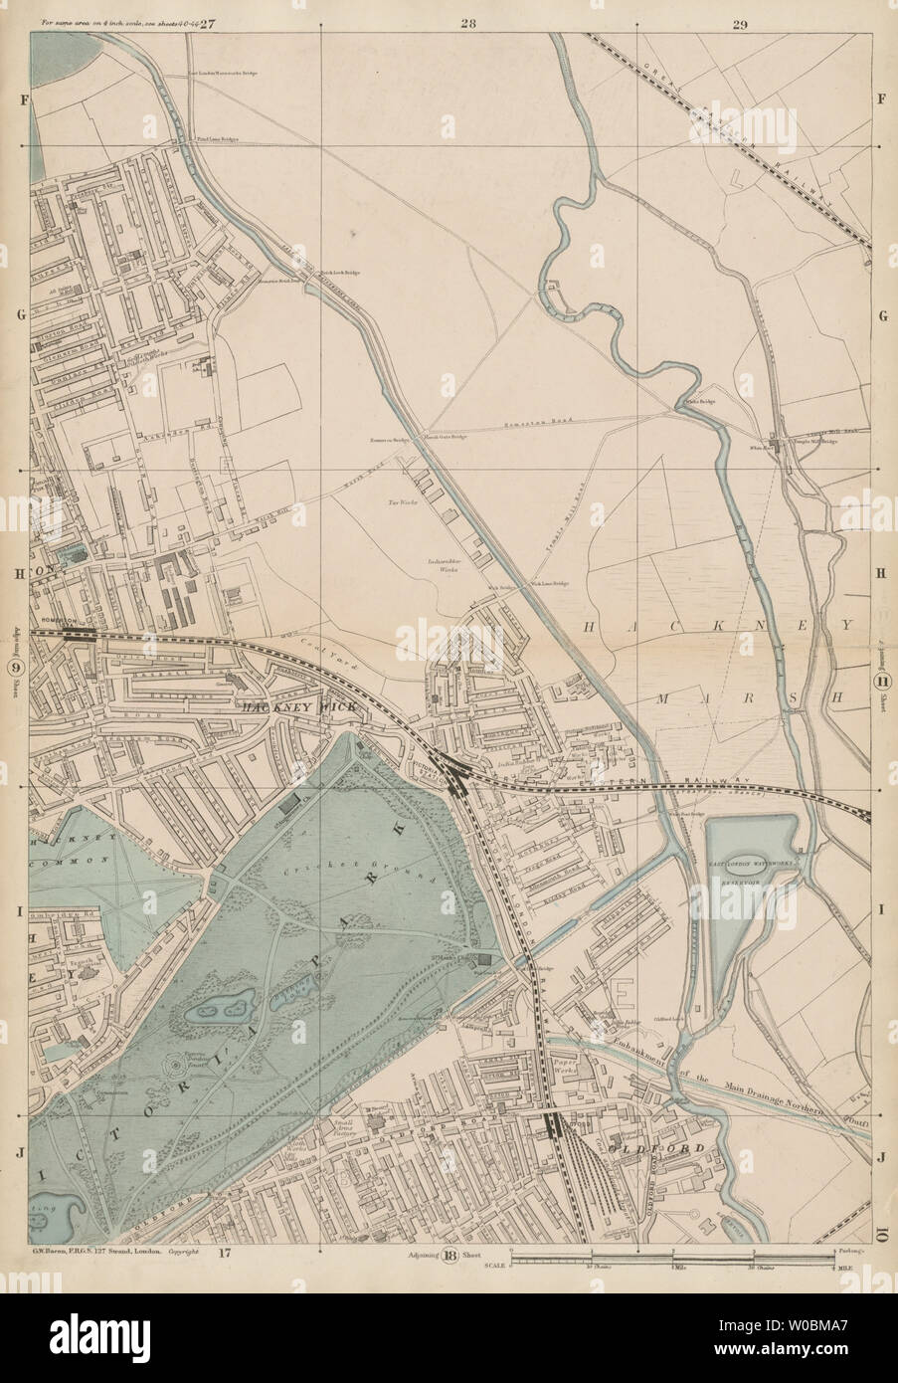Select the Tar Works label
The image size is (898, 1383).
point(401,504)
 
